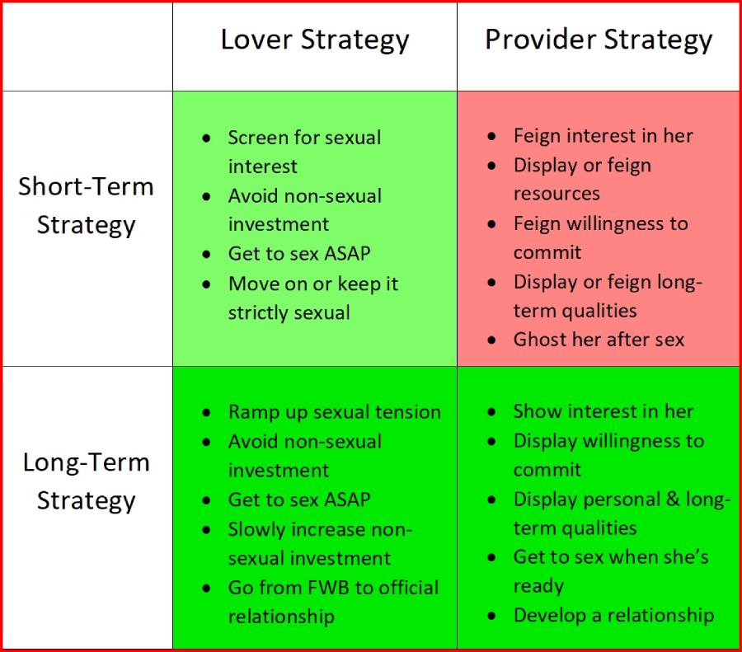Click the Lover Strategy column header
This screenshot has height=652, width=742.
tap(315, 40)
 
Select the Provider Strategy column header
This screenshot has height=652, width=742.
tap(599, 40)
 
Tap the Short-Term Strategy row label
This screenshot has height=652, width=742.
tap(86, 206)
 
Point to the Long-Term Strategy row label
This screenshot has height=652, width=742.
tap(86, 481)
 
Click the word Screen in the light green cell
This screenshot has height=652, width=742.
tap(257, 138)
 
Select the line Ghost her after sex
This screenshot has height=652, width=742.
tap(599, 340)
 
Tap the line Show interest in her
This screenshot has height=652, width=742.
tap(603, 411)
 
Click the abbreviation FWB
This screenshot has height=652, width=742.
tap(328, 588)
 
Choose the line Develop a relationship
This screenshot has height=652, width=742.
tap(613, 616)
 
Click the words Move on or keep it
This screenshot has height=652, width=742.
tap(313, 284)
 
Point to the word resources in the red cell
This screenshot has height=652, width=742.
tap(556, 194)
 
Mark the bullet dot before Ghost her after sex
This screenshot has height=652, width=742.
tap(491, 340)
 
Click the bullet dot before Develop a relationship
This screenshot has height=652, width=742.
tap(491, 616)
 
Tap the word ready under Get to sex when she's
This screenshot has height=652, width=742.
tap(538, 587)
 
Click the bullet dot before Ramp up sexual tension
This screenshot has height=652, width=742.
tap(206, 413)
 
